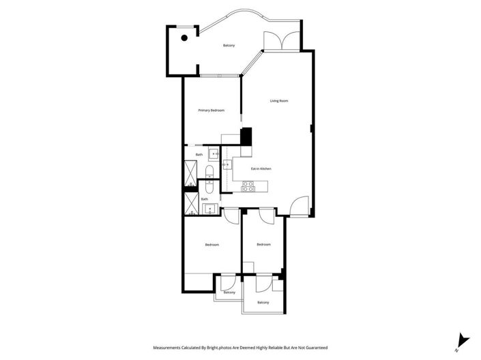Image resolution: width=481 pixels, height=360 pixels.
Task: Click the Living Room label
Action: [278, 101]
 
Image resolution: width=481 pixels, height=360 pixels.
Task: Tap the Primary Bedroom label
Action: [212, 110]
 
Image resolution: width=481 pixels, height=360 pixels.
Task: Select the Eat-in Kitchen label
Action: [261, 168]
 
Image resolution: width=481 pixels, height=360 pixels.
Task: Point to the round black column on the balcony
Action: [184, 38]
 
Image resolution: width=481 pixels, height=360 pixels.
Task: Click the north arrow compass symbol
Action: [463, 340]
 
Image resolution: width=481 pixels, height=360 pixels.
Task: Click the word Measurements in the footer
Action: [168, 346]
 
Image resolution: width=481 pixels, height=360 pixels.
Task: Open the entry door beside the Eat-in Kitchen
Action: [299, 207]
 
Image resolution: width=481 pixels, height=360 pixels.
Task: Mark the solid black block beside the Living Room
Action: [246, 136]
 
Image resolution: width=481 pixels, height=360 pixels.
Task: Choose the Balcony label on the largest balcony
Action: [229, 46]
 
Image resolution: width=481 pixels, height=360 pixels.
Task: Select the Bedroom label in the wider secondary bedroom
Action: [212, 245]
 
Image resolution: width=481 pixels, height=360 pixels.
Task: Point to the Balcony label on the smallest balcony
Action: [229, 292]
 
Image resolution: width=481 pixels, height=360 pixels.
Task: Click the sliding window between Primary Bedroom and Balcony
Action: [219, 75]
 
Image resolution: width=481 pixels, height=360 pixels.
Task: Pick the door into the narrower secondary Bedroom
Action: [268, 213]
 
